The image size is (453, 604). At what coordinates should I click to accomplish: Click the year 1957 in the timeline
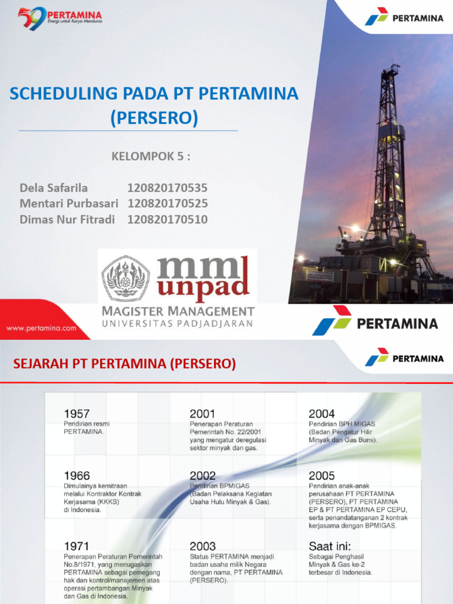coord(77,413)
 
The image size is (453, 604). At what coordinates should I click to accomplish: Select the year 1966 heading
coord(77,475)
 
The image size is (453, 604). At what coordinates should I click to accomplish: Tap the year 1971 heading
coord(77,546)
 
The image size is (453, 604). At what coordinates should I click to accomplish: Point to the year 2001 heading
coord(202,413)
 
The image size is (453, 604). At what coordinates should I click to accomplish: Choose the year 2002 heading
coord(203,475)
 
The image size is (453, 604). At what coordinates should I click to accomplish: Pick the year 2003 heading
coord(203,546)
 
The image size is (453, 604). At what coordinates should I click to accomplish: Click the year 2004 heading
coord(321,413)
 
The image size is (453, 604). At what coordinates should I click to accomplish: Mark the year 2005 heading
coord(321,475)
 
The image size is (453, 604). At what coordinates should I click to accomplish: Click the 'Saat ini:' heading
coord(329,546)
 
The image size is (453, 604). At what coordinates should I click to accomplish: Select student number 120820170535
coord(168,188)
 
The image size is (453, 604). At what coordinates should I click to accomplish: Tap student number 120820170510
coord(168,219)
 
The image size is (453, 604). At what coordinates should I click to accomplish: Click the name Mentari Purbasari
coord(69,203)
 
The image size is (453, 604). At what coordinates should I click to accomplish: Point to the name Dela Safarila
coord(54,188)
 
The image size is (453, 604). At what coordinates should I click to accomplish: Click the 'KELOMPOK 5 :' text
coord(151,156)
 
